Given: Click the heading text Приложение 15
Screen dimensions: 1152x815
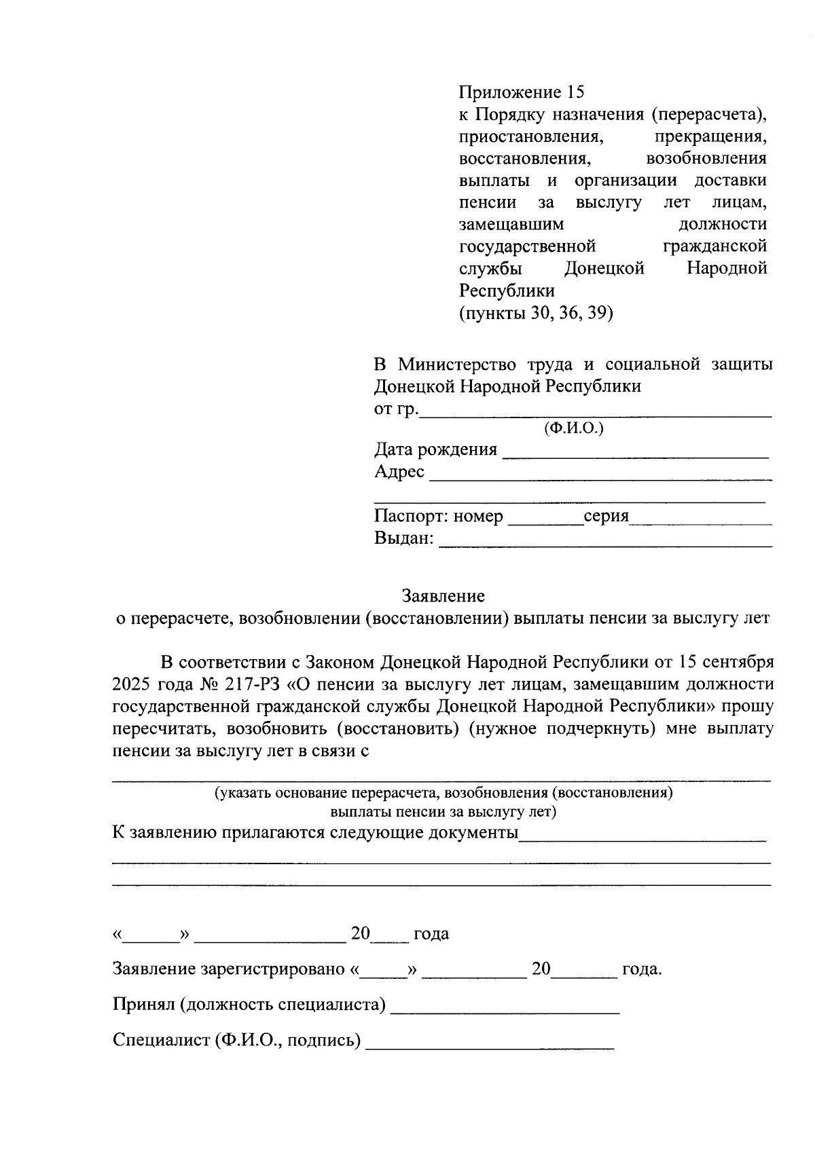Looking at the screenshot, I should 521,92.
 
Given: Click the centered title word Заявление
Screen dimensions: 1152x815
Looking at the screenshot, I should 443,596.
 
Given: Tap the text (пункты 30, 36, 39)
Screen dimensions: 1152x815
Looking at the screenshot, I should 536,313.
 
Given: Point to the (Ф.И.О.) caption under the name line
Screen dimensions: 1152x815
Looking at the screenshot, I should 574,428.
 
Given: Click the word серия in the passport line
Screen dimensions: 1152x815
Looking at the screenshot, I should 606,517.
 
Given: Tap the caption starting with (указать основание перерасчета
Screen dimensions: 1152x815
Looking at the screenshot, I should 443,793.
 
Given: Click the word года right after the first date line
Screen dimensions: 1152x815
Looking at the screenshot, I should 431,934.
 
